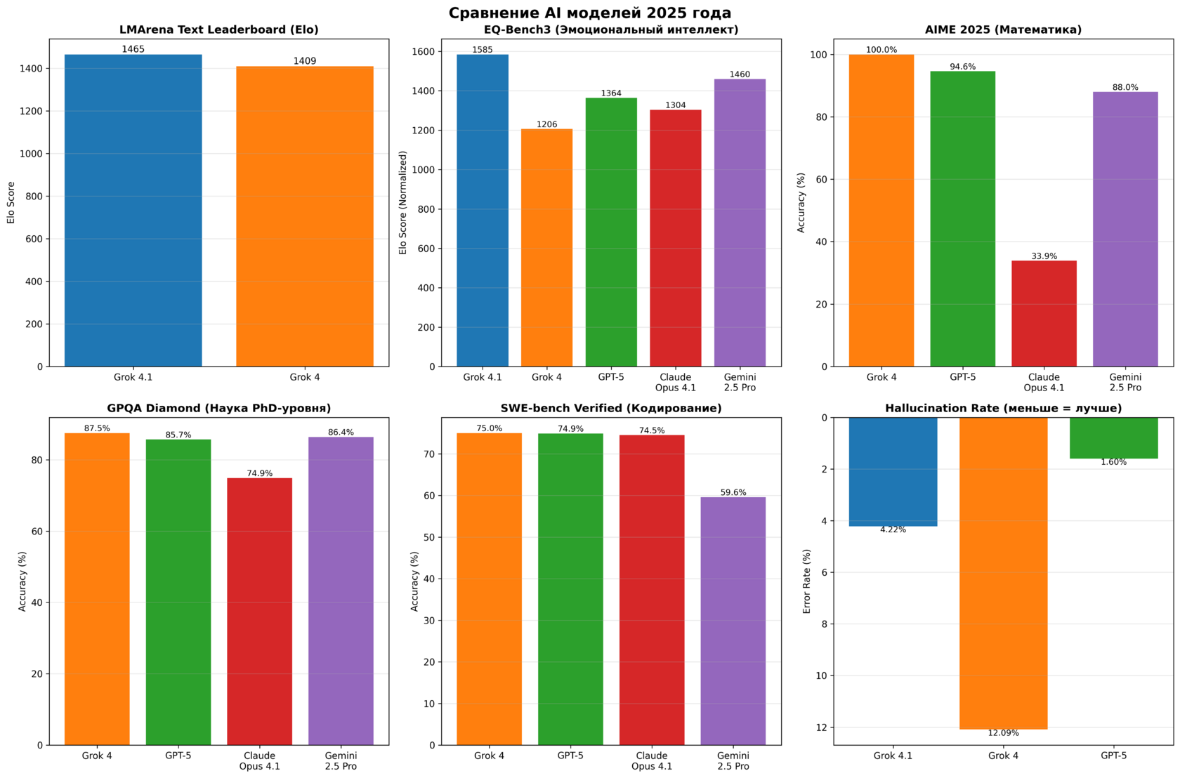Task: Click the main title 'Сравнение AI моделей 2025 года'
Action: tap(590, 13)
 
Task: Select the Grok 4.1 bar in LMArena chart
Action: tap(133, 211)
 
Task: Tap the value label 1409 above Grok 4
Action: tap(305, 61)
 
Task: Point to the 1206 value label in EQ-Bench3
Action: tap(546, 124)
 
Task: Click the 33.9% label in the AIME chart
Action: tap(1044, 256)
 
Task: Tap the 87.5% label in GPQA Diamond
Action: tap(97, 428)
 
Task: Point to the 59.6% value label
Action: tap(733, 492)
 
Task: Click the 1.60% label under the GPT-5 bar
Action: tap(1113, 462)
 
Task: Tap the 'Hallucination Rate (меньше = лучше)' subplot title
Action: tap(1003, 408)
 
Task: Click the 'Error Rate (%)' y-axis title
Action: tap(807, 581)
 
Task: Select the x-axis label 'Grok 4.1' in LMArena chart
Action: tap(133, 377)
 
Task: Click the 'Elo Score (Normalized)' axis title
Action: tap(403, 202)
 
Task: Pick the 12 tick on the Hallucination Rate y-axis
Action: tap(822, 727)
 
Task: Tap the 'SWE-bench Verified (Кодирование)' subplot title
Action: tap(611, 408)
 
